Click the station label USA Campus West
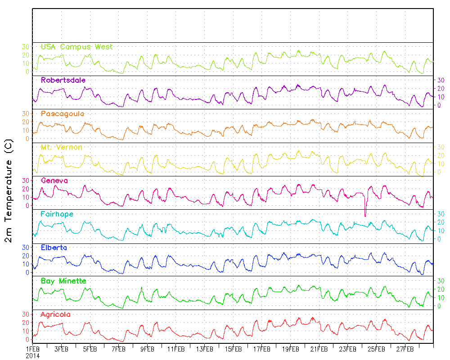pos(76,47)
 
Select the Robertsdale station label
pos(63,80)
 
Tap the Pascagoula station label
pos(62,114)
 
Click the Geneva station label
pos(54,180)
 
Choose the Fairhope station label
pos(57,214)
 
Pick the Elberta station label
pos(54,247)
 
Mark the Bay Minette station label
pos(63,281)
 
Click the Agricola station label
pos(55,314)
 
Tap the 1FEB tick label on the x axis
pos(33,349)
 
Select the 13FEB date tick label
pos(205,349)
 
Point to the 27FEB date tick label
pos(405,349)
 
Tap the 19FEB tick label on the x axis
pos(291,349)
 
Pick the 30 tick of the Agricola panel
pos(26,314)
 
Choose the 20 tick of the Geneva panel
pos(26,189)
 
